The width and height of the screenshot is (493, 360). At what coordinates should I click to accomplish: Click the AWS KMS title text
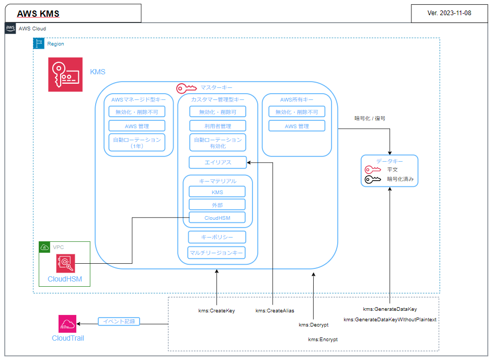tap(38, 14)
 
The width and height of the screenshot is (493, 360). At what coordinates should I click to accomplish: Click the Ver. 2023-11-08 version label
tap(449, 13)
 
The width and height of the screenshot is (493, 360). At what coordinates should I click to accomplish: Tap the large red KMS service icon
tap(65, 74)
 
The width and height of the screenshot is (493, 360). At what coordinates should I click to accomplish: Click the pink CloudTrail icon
tap(67, 323)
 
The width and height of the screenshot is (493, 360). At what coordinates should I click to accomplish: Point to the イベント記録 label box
tap(119, 321)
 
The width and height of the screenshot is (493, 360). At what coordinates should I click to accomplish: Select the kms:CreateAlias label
tap(274, 311)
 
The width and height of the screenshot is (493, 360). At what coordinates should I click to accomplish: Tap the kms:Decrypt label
tap(314, 325)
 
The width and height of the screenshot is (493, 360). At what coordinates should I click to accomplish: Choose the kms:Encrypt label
tap(323, 340)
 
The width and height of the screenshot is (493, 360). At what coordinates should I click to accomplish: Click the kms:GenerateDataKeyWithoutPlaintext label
tap(390, 319)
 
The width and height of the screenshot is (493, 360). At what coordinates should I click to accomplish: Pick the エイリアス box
tap(217, 163)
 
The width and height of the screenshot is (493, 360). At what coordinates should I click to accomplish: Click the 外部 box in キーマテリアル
tap(217, 205)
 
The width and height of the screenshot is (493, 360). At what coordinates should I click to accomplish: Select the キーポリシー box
tap(217, 237)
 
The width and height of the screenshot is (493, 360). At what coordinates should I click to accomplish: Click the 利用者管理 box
tap(217, 126)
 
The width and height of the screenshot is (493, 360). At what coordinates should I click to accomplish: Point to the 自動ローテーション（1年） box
tap(137, 143)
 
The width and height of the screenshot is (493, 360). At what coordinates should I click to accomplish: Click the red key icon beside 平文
tap(373, 170)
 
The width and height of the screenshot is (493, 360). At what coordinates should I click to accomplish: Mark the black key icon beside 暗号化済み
tap(373, 179)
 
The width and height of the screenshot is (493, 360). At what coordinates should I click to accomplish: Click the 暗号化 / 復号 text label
tap(370, 118)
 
